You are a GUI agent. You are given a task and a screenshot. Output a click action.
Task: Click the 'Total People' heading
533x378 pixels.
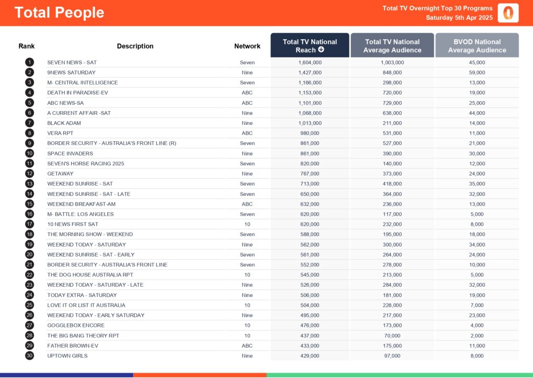coord(59,13)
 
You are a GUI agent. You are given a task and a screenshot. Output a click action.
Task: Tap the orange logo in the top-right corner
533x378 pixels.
coord(507,13)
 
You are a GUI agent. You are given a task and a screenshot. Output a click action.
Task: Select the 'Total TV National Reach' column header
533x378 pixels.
coord(310,46)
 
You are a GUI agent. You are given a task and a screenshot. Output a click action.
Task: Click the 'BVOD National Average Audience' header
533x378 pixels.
coord(477,46)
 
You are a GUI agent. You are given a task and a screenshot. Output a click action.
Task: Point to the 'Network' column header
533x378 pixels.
coord(247,46)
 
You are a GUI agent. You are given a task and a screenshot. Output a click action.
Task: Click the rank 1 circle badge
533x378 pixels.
coord(29,63)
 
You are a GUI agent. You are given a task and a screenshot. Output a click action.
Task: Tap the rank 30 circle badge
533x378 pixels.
coord(29,356)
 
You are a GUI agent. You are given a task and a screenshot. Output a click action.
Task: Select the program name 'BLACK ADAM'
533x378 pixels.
coord(64,123)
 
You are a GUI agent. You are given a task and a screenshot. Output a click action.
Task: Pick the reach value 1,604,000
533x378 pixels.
coord(310,63)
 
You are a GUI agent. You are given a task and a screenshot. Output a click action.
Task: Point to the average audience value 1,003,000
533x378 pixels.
coord(392,63)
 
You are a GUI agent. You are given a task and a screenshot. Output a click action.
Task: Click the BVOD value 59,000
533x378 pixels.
coord(477,72)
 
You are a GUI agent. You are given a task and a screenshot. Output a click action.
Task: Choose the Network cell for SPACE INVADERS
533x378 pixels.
coord(247,153)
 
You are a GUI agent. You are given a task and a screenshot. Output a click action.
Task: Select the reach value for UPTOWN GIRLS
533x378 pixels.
coord(310,356)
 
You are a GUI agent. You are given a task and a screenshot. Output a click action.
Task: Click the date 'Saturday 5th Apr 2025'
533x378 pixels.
coord(459,18)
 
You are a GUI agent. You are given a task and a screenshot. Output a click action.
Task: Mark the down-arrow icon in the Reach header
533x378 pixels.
coord(321,50)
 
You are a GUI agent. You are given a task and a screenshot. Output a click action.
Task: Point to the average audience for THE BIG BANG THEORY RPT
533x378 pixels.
coord(392,335)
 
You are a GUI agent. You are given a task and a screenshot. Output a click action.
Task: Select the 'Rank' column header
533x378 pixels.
coord(27,46)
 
